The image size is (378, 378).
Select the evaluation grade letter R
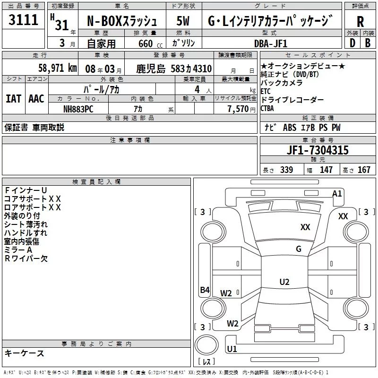[x=360, y=21]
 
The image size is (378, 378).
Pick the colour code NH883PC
[x=79, y=108]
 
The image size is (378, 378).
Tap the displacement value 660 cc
[x=143, y=43]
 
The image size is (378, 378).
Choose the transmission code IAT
[x=13, y=98]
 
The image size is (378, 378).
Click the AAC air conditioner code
[x=36, y=98]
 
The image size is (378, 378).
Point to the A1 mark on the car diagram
[x=337, y=193]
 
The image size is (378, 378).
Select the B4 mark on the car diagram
[x=205, y=290]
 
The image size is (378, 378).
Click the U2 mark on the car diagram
[x=284, y=282]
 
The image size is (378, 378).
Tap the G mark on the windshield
[x=298, y=249]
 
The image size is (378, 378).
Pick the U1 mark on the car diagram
[x=232, y=349]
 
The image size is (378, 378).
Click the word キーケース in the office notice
[x=25, y=353]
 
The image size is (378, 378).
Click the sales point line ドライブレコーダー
[x=292, y=100]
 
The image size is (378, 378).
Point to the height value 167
[x=364, y=170]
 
